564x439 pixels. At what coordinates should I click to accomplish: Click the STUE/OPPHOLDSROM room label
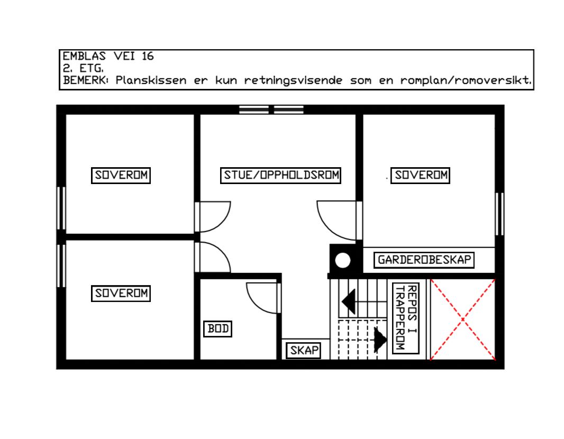click(x=280, y=176)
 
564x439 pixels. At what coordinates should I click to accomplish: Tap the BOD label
click(x=218, y=329)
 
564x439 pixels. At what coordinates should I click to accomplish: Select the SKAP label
click(x=305, y=350)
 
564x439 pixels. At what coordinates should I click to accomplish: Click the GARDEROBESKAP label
click(x=424, y=260)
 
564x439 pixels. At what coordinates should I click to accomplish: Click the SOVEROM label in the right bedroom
click(x=421, y=175)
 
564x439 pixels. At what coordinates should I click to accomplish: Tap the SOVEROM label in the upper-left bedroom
click(x=121, y=176)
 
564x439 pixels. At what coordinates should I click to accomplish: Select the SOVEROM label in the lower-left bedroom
click(x=121, y=293)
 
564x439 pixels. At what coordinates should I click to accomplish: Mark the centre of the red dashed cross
click(x=463, y=319)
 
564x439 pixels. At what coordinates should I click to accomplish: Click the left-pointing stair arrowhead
click(x=348, y=302)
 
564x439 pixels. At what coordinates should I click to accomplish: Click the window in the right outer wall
click(x=499, y=214)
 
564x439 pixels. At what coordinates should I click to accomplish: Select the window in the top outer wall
click(x=271, y=109)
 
